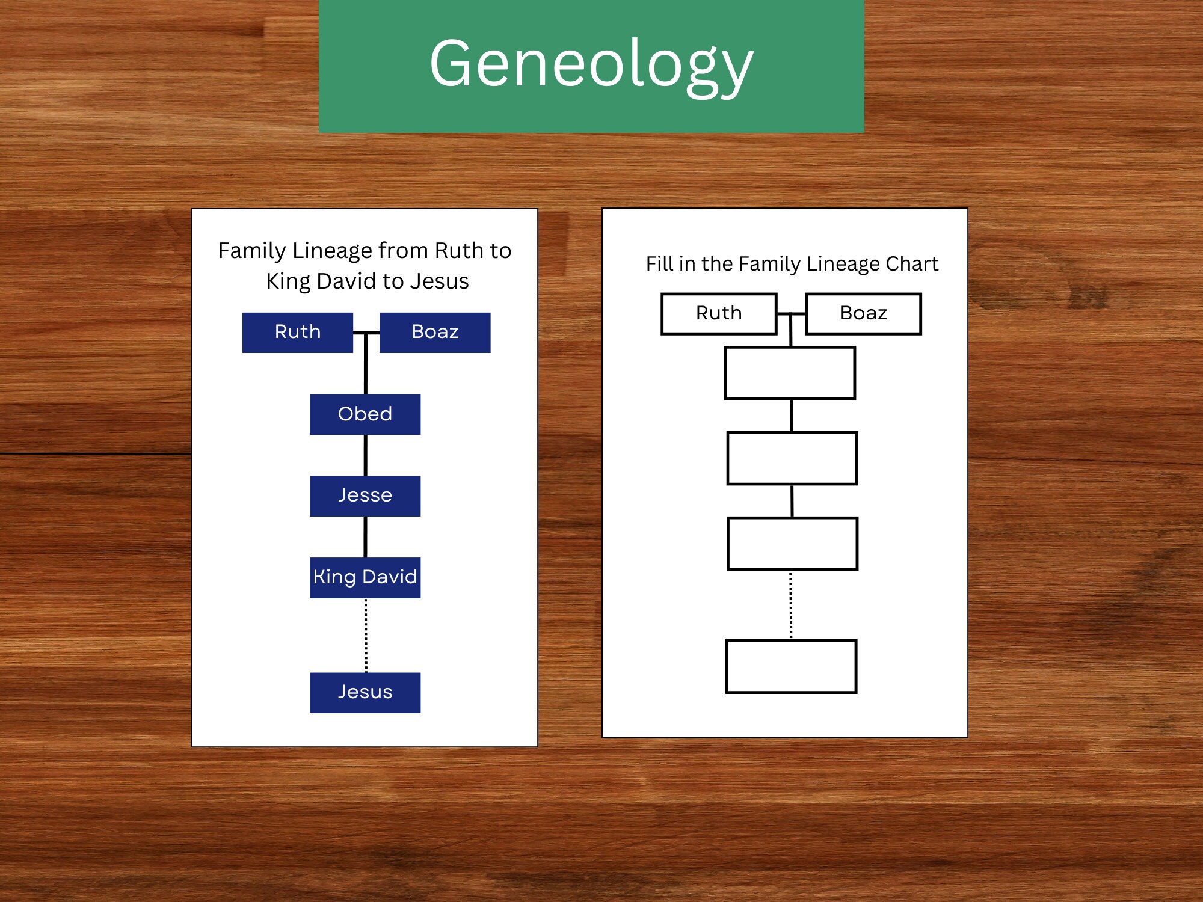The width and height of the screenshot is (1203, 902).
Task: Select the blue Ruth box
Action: coord(298,333)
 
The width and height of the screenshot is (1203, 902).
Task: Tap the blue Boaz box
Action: coord(435,333)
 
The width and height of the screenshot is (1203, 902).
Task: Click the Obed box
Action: coord(365,414)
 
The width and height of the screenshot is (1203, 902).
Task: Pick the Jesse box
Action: coord(365,496)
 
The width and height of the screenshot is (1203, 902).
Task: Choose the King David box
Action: coord(365,578)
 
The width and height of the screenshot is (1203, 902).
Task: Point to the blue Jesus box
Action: coord(365,693)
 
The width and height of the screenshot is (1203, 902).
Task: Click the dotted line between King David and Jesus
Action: coord(366,635)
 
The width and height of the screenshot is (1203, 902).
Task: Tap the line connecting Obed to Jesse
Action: coord(366,455)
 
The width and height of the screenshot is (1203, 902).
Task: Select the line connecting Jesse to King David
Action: coord(366,537)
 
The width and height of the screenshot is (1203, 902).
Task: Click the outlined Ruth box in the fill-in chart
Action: coord(719,313)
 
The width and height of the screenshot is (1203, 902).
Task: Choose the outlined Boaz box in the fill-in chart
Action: coord(863,313)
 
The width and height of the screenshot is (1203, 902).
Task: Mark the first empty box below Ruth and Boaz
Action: coord(790,373)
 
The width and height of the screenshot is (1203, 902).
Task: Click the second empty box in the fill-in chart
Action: coord(792,458)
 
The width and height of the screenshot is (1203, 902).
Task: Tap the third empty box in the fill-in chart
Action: coord(792,544)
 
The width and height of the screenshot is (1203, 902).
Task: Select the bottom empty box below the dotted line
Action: coord(791,666)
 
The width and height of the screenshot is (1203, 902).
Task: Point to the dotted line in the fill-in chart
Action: coord(791,605)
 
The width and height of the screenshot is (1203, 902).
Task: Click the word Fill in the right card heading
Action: coord(659,264)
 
